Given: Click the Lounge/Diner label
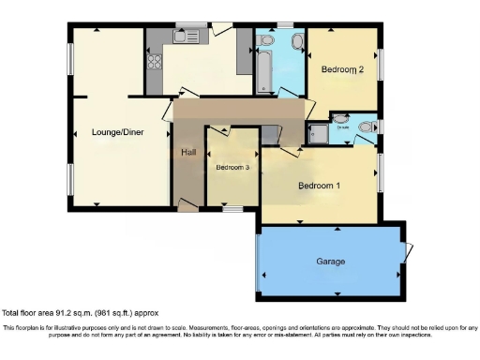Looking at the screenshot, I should pyautogui.click(x=117, y=132).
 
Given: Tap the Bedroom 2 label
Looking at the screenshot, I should pyautogui.click(x=342, y=69).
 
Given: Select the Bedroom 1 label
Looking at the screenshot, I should pyautogui.click(x=319, y=185).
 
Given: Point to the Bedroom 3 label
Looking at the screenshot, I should pyautogui.click(x=232, y=168).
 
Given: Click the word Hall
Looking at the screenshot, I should pyautogui.click(x=187, y=152).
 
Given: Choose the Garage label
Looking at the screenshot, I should pyautogui.click(x=330, y=262).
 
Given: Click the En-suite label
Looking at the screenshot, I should pyautogui.click(x=343, y=127).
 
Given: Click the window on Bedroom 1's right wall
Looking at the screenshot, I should pyautogui.click(x=381, y=171).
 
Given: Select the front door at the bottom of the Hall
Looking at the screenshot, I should pyautogui.click(x=188, y=208).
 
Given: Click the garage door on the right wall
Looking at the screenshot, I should pyautogui.click(x=407, y=250).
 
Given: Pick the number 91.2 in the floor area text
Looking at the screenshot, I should pyautogui.click(x=64, y=312).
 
